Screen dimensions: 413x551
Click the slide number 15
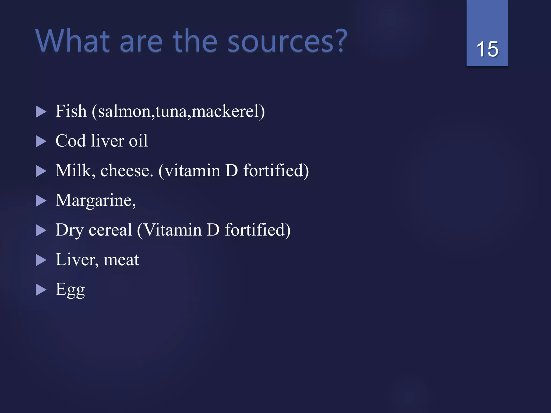coord(487,49)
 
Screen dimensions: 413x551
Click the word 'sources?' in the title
coord(287,41)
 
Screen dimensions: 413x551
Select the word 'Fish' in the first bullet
coord(71,111)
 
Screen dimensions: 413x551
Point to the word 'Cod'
coord(70,141)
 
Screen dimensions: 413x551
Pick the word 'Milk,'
coord(75,170)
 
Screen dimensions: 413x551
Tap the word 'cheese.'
coord(127,170)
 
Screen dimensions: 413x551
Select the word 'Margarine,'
coord(96,200)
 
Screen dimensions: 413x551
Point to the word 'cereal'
coord(110,230)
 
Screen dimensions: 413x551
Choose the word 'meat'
coord(121,260)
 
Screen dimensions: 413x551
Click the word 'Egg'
coord(70,290)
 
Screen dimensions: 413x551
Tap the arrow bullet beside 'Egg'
coord(41,290)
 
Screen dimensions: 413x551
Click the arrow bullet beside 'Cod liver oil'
coord(41,141)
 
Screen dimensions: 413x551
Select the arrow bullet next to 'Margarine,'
coord(41,201)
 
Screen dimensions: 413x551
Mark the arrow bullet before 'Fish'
coord(41,112)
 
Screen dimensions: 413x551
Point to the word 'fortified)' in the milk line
coord(276,170)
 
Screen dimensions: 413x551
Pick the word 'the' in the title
coord(195,41)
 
